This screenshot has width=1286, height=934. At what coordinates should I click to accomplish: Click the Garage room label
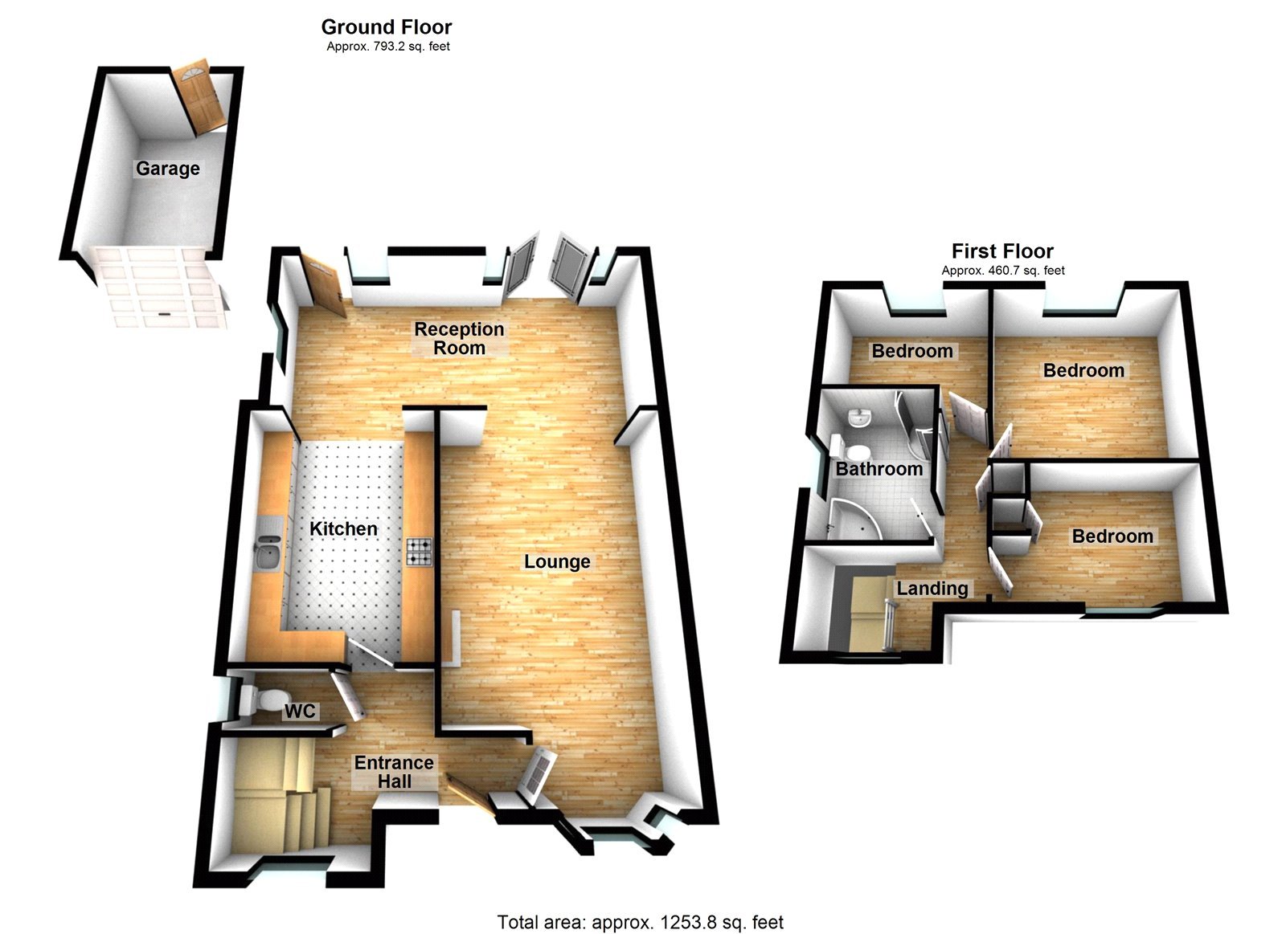tap(167, 169)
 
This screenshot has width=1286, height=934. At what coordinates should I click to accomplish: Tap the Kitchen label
tap(343, 528)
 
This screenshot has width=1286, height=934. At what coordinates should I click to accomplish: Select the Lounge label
tap(557, 561)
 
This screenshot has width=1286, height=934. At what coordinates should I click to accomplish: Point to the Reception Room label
tap(459, 338)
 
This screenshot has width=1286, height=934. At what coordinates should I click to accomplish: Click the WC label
tap(300, 711)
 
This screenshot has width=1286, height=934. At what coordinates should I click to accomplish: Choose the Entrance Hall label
tap(394, 772)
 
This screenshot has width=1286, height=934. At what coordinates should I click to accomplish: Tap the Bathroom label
tap(878, 469)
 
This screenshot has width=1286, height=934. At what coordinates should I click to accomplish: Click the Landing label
tap(932, 589)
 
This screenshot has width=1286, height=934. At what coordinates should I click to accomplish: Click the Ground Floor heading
tap(387, 27)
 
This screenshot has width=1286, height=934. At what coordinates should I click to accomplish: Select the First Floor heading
tap(1002, 251)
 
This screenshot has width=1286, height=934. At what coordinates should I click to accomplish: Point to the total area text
tap(640, 923)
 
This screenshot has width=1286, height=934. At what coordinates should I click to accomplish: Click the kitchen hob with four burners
tap(419, 552)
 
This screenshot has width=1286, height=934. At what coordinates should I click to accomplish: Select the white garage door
tap(158, 288)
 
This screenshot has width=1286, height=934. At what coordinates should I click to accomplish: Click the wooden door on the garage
tap(201, 95)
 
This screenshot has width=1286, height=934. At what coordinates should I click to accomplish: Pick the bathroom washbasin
tap(860, 418)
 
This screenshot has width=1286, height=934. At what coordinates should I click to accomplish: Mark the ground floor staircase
tap(277, 795)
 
